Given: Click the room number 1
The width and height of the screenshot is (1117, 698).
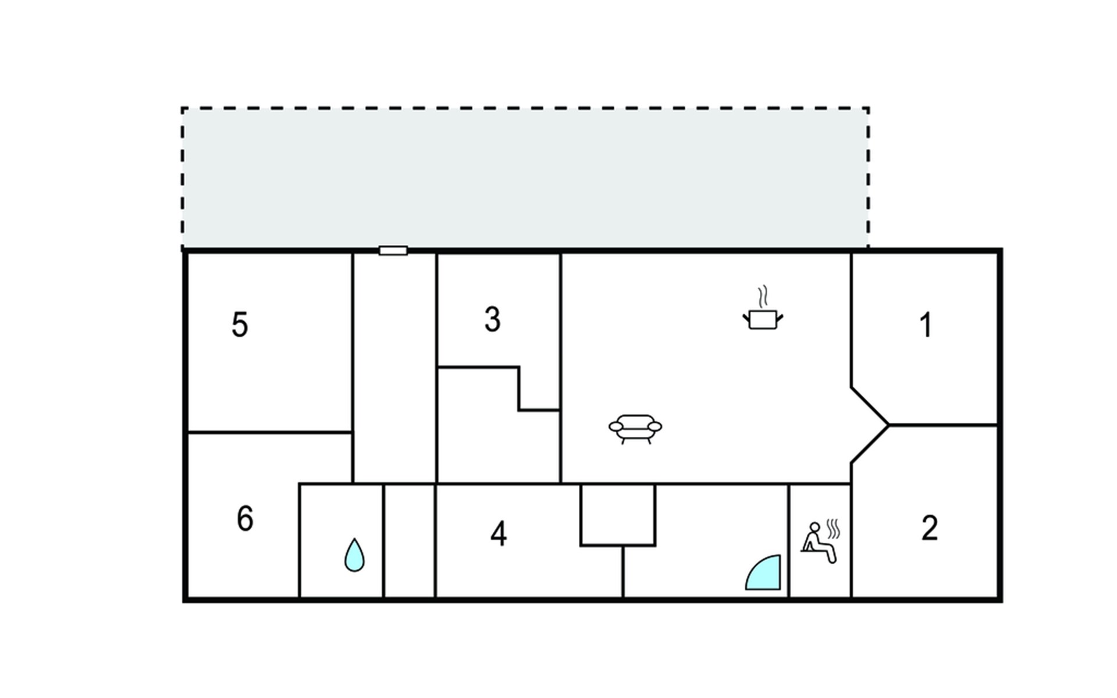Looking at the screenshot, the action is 926,325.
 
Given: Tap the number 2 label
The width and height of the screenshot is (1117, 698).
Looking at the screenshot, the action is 930,528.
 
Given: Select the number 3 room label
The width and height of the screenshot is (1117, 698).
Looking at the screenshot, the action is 492,319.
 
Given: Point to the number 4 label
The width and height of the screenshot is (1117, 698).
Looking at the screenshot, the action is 499,533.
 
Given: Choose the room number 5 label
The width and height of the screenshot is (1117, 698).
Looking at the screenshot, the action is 240,325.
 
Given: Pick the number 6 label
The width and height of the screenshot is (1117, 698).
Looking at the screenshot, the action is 245,518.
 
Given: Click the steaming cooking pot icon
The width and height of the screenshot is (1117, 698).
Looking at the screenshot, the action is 763,308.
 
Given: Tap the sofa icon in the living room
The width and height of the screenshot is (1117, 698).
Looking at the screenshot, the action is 635,429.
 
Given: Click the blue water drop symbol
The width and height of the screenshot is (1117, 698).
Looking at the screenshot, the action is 354,555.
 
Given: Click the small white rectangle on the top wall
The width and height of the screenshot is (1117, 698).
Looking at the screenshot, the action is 393,251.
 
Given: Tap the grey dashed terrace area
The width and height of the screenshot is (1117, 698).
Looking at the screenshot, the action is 525,177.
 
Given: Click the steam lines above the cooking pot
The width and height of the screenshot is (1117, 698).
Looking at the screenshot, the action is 763,296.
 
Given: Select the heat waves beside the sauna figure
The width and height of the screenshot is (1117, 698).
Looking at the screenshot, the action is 834,529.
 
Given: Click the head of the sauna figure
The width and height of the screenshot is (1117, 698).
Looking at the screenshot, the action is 814,528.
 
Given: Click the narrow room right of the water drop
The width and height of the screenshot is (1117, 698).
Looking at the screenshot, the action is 409,541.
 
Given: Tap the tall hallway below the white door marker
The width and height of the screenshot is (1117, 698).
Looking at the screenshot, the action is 394,368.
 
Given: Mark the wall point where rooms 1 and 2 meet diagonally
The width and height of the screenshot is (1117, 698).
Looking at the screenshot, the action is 889,425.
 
